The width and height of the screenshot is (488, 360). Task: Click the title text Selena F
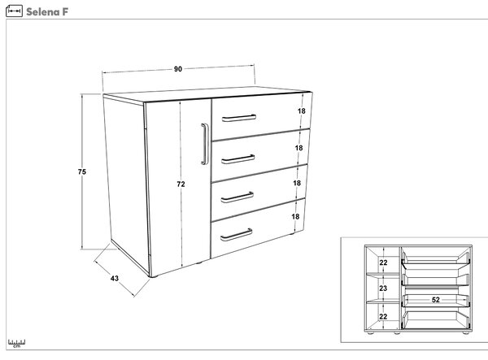[47, 12]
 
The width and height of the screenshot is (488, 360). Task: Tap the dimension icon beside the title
[14, 11]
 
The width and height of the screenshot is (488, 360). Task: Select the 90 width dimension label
[177, 69]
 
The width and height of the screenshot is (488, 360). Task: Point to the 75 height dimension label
[82, 171]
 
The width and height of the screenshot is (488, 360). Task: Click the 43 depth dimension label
[115, 278]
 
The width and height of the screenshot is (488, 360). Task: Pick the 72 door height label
[181, 184]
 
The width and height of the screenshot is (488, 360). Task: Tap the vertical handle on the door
[204, 144]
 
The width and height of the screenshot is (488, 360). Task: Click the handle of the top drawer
[239, 118]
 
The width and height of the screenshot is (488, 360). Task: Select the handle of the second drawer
[238, 159]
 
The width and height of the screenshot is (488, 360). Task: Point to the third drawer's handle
[237, 197]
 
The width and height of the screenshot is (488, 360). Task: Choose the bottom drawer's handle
[236, 235]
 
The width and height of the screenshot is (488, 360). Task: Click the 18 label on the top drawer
[301, 111]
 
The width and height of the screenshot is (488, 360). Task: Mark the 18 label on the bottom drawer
[295, 216]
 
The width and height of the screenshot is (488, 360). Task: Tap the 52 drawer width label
[436, 300]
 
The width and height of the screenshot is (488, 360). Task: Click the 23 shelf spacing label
[383, 288]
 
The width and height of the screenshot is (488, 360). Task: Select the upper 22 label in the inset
[383, 262]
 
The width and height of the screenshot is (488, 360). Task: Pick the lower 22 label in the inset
[383, 316]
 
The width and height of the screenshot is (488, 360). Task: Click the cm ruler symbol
[17, 343]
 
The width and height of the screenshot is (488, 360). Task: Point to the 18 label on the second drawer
[298, 148]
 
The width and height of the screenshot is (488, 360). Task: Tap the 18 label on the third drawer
[297, 183]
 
